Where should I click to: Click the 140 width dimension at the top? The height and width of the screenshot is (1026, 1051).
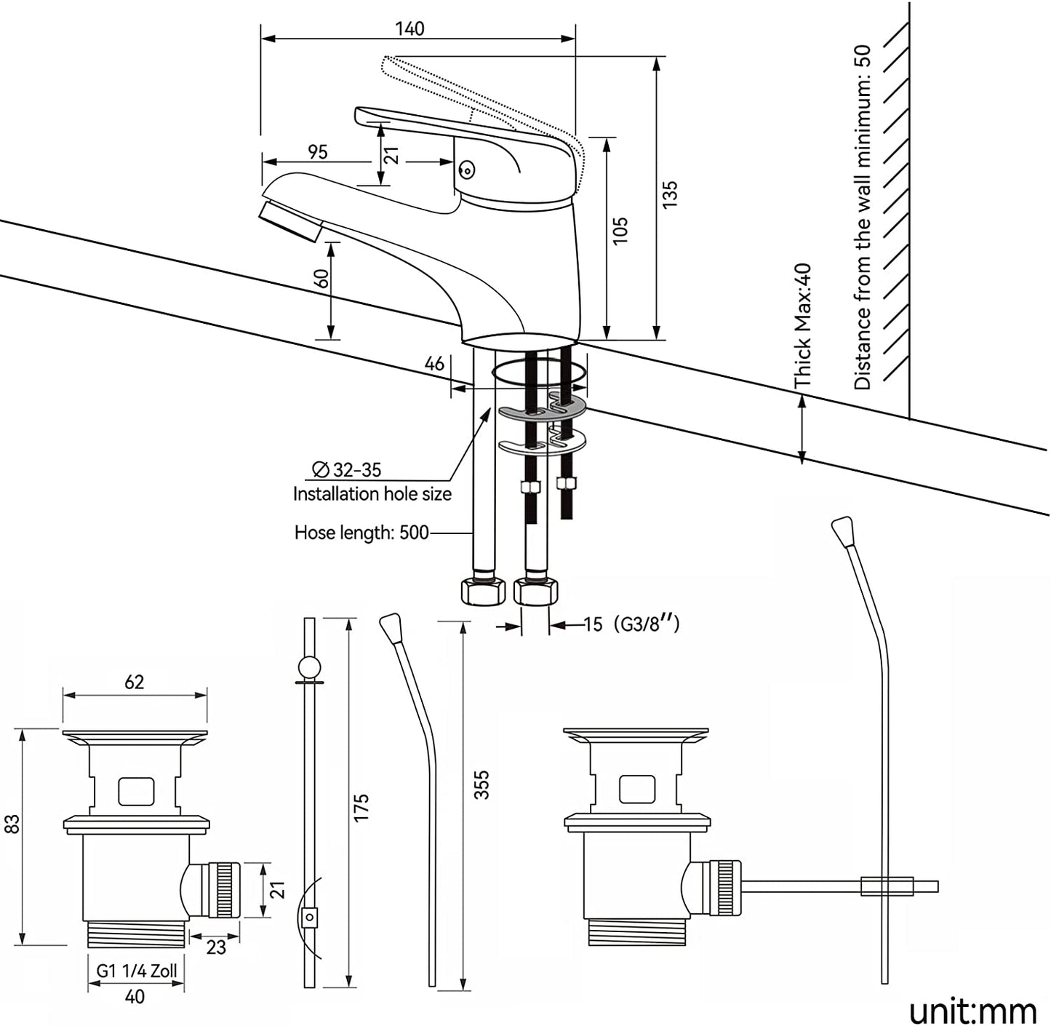pyautogui.click(x=409, y=29)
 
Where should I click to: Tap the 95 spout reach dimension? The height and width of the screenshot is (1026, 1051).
pyautogui.click(x=318, y=152)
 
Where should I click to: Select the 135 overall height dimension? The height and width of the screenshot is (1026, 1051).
pyautogui.click(x=670, y=195)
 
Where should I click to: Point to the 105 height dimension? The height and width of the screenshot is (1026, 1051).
pyautogui.click(x=620, y=230)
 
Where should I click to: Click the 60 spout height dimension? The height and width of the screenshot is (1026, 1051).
pyautogui.click(x=321, y=279)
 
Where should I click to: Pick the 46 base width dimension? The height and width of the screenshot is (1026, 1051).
pyautogui.click(x=434, y=363)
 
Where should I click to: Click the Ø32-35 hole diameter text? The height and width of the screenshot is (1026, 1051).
pyautogui.click(x=347, y=470)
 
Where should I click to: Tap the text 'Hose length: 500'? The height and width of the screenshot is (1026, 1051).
pyautogui.click(x=361, y=533)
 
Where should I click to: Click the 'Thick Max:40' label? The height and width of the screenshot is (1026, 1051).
pyautogui.click(x=802, y=325)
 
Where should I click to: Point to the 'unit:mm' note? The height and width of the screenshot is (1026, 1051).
pyautogui.click(x=972, y=1011)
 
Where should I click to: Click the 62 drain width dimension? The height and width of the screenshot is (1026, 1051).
pyautogui.click(x=135, y=682)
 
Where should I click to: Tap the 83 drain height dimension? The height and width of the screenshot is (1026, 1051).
pyautogui.click(x=12, y=824)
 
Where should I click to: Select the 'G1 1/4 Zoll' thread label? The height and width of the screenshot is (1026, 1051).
pyautogui.click(x=137, y=971)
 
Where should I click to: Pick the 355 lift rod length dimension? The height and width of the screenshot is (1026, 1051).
pyautogui.click(x=481, y=784)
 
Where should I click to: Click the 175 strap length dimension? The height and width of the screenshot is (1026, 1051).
pyautogui.click(x=361, y=808)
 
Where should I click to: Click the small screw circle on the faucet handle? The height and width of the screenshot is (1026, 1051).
pyautogui.click(x=467, y=171)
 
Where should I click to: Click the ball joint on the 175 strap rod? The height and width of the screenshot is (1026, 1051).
pyautogui.click(x=309, y=667)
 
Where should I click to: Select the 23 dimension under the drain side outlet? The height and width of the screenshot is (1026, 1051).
pyautogui.click(x=216, y=947)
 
